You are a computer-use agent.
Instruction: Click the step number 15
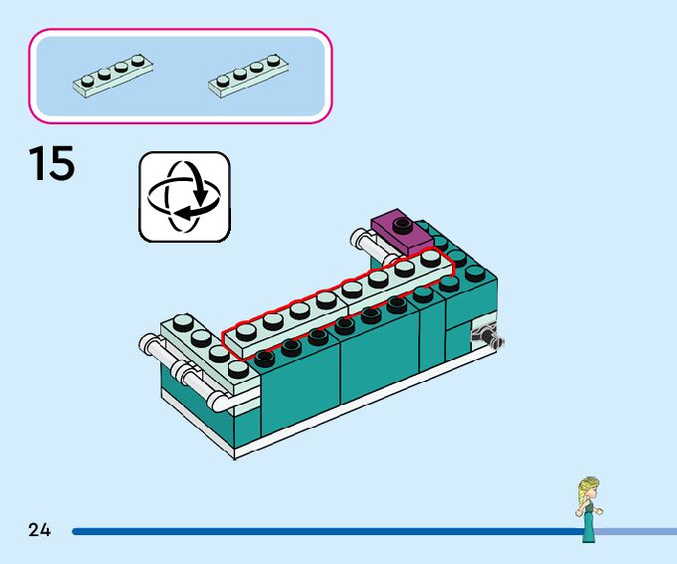point(52,164)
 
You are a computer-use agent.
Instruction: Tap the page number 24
point(39,530)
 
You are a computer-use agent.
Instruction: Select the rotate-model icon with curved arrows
point(184,196)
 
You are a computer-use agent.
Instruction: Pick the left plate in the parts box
point(113,74)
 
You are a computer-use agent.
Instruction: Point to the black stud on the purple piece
point(402,222)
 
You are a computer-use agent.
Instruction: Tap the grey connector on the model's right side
point(488,335)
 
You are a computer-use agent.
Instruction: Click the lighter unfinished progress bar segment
point(637,531)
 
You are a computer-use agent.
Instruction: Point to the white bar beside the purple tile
point(363,240)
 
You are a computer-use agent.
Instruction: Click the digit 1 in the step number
point(37,164)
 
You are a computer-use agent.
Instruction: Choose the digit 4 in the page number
point(45,530)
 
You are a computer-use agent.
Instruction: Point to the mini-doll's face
point(587,493)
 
